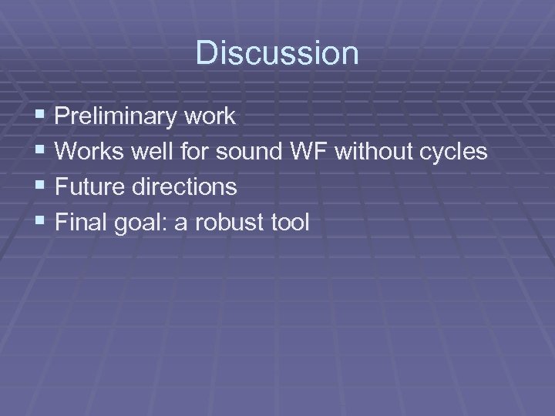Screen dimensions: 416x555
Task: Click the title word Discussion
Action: coord(277,53)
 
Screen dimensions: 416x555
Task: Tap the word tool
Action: coord(288,223)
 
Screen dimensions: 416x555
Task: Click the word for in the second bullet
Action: coord(192,152)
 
